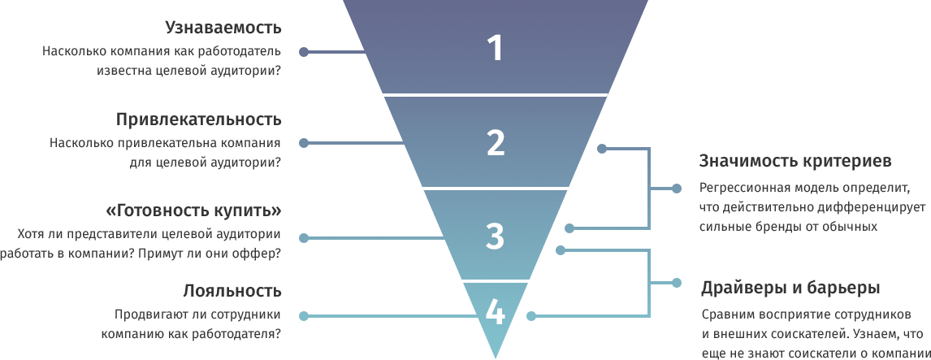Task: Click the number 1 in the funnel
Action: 495,49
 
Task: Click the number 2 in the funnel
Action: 495,142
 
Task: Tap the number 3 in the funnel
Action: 495,236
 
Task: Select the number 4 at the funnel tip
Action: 495,313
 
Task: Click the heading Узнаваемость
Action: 223,28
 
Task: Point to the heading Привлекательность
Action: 198,119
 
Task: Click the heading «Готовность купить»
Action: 194,211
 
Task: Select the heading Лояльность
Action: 232,291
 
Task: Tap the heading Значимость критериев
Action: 795,161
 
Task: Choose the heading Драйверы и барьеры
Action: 790,288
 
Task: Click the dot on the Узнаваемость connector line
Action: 304,52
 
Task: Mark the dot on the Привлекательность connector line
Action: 304,143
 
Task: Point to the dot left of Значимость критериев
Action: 677,189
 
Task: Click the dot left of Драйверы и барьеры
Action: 677,283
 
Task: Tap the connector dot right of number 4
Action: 530,316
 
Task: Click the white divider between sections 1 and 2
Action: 495,95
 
